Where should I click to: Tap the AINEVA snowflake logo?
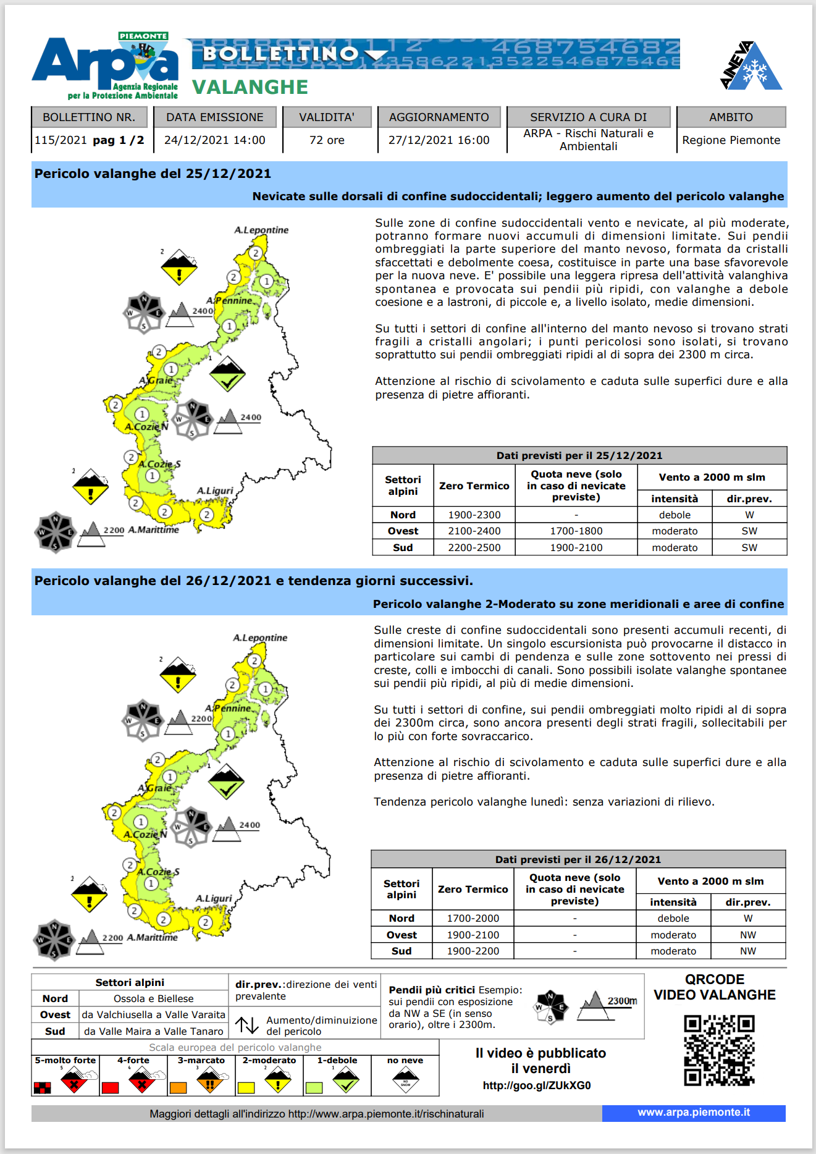pos(751,67)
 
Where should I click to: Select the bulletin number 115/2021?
pos(61,140)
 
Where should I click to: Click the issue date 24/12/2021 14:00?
pos(214,140)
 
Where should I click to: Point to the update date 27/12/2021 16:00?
pos(439,140)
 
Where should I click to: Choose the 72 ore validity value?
pos(327,140)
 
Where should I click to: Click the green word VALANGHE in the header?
pos(250,87)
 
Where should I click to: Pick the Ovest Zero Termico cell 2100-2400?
pos(474,531)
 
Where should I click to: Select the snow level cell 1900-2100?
pos(576,547)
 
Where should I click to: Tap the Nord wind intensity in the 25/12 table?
pos(675,515)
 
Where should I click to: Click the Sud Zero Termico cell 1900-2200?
pos(473,951)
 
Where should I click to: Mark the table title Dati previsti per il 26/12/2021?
pos(578,859)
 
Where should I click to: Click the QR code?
pos(719,1050)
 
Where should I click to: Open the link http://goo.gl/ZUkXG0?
pos(536,1085)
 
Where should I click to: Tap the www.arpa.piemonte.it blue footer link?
pos(694,1113)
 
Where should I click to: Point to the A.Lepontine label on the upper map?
pos(261,230)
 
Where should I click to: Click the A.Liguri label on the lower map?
pos(214,898)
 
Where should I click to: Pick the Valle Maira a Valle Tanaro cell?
pos(153,1031)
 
